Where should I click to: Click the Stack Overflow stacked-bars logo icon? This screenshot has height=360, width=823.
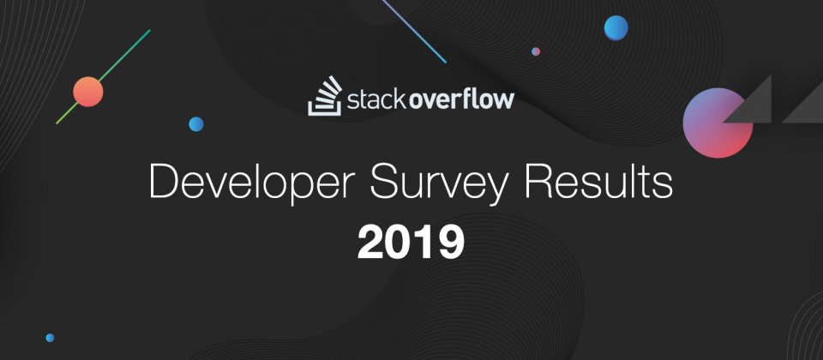tap(325, 96)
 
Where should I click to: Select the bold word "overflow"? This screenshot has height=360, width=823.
tap(461, 99)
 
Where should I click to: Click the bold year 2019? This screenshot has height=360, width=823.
tap(411, 243)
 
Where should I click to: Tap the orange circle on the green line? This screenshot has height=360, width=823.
tap(88, 92)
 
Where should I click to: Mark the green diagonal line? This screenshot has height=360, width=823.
tap(104, 76)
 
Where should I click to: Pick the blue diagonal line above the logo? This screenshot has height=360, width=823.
tap(414, 32)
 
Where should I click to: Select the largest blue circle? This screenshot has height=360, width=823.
tap(616, 27)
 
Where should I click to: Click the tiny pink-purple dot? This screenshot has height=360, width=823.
tap(536, 51)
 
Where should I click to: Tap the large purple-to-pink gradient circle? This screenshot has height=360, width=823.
tap(718, 123)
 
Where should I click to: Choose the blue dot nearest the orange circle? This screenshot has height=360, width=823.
tap(196, 124)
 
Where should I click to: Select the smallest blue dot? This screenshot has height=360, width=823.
tap(50, 338)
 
